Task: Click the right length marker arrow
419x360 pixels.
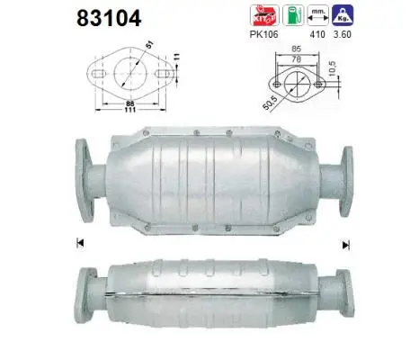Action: pos(345,244)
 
